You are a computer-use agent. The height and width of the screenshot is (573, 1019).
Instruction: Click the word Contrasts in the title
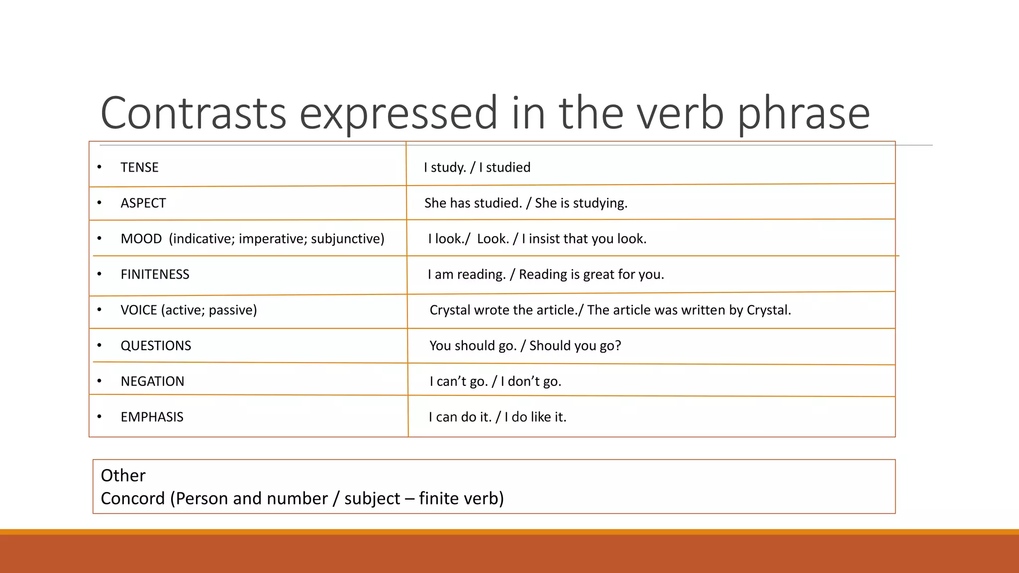[x=193, y=113]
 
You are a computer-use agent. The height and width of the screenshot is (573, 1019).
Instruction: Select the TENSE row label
[x=139, y=167]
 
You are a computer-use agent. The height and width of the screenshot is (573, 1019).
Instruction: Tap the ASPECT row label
[x=143, y=203]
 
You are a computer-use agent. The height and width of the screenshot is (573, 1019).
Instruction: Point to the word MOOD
[x=141, y=239]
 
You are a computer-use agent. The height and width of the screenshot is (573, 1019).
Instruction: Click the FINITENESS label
[x=155, y=275]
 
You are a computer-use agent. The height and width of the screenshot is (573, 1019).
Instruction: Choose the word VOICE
[x=138, y=310]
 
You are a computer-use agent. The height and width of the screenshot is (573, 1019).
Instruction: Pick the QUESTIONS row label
[x=156, y=346]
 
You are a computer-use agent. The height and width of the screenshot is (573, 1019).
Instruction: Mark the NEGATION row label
[x=152, y=382]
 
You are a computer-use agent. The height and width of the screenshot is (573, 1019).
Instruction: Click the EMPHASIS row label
[x=152, y=417]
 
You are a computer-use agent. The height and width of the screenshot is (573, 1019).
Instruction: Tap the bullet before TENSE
[x=100, y=167]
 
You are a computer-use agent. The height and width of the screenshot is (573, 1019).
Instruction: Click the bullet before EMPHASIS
[x=100, y=417]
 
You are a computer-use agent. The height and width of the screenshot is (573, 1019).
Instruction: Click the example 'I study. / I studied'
[x=477, y=167]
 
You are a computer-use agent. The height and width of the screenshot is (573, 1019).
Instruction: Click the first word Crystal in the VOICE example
[x=450, y=310]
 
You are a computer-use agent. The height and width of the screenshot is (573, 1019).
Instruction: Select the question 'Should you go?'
[x=575, y=346]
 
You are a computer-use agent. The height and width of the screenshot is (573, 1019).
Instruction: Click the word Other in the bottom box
[x=123, y=476]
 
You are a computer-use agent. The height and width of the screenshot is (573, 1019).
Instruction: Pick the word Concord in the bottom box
[x=132, y=498]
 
